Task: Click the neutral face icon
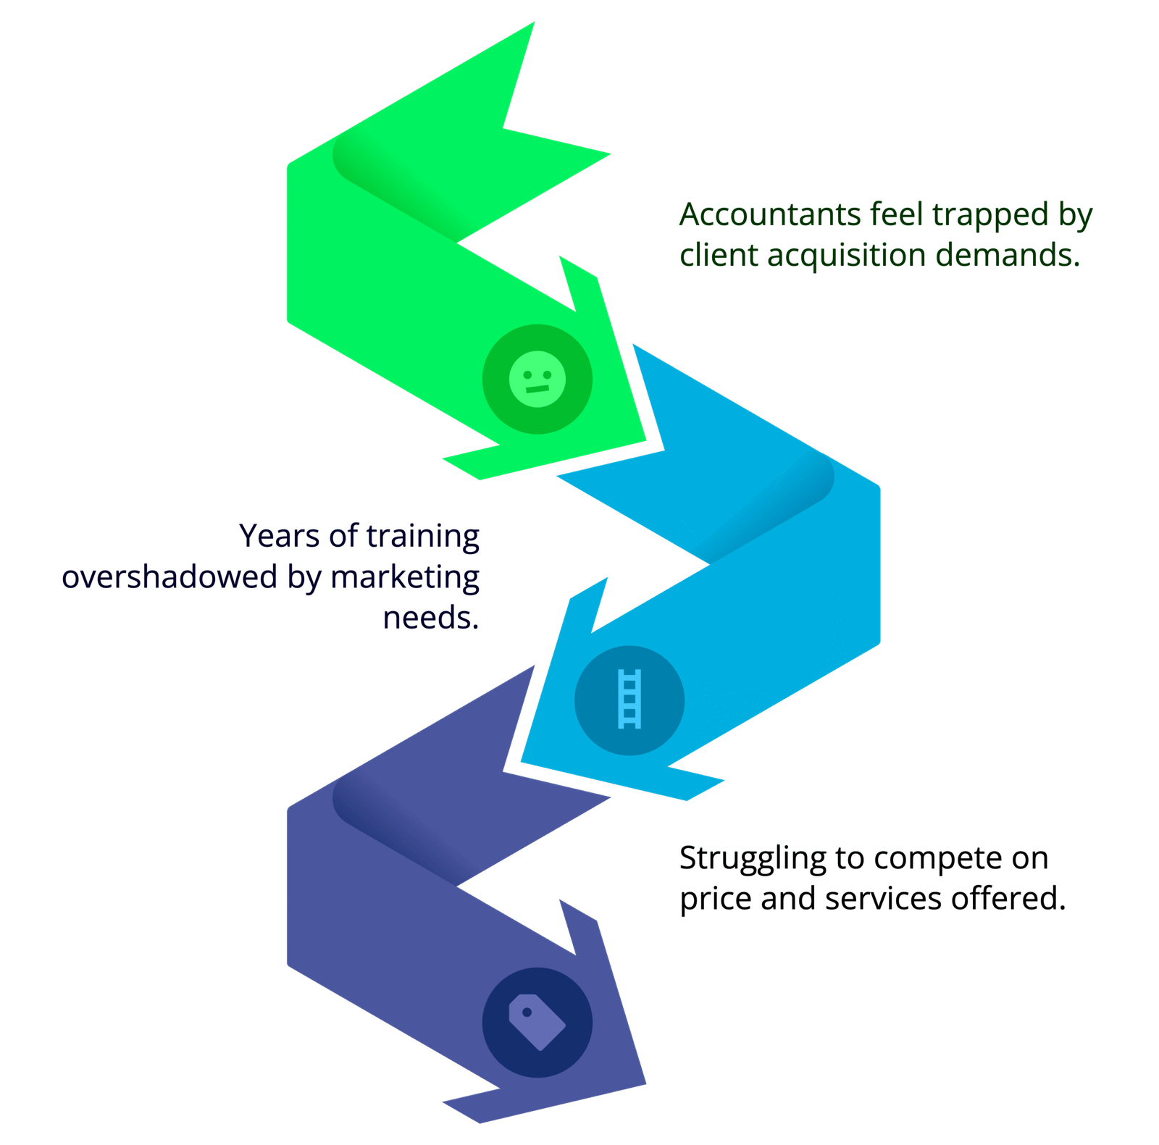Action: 537,379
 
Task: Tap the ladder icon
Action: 629,700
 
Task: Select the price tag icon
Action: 537,1022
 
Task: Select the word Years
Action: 279,537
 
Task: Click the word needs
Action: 430,618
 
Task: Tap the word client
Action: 720,256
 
